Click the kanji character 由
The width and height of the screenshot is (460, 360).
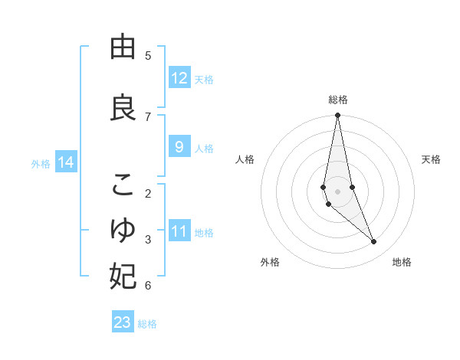(123, 47)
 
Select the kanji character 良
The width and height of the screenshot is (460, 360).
(123, 107)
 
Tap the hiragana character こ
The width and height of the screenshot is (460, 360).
(123, 185)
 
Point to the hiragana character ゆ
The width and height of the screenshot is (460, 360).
(123, 230)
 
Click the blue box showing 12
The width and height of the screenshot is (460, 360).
(179, 78)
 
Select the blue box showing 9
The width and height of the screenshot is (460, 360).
(179, 147)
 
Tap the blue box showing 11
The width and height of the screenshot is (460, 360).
(179, 231)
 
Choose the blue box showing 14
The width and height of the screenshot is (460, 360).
(66, 162)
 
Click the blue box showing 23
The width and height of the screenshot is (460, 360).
(123, 322)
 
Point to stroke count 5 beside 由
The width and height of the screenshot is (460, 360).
(148, 55)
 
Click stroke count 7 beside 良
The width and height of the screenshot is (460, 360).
(148, 116)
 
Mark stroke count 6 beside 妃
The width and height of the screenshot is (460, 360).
(148, 286)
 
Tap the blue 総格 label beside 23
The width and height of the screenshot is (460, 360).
(147, 324)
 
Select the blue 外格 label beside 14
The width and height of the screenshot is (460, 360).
(41, 163)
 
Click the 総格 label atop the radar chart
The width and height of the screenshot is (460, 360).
(337, 100)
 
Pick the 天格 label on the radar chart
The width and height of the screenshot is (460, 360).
(432, 159)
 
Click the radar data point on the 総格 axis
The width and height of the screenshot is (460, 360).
(337, 116)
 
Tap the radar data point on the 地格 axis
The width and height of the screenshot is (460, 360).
(374, 242)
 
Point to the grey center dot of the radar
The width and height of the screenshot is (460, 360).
(337, 191)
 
